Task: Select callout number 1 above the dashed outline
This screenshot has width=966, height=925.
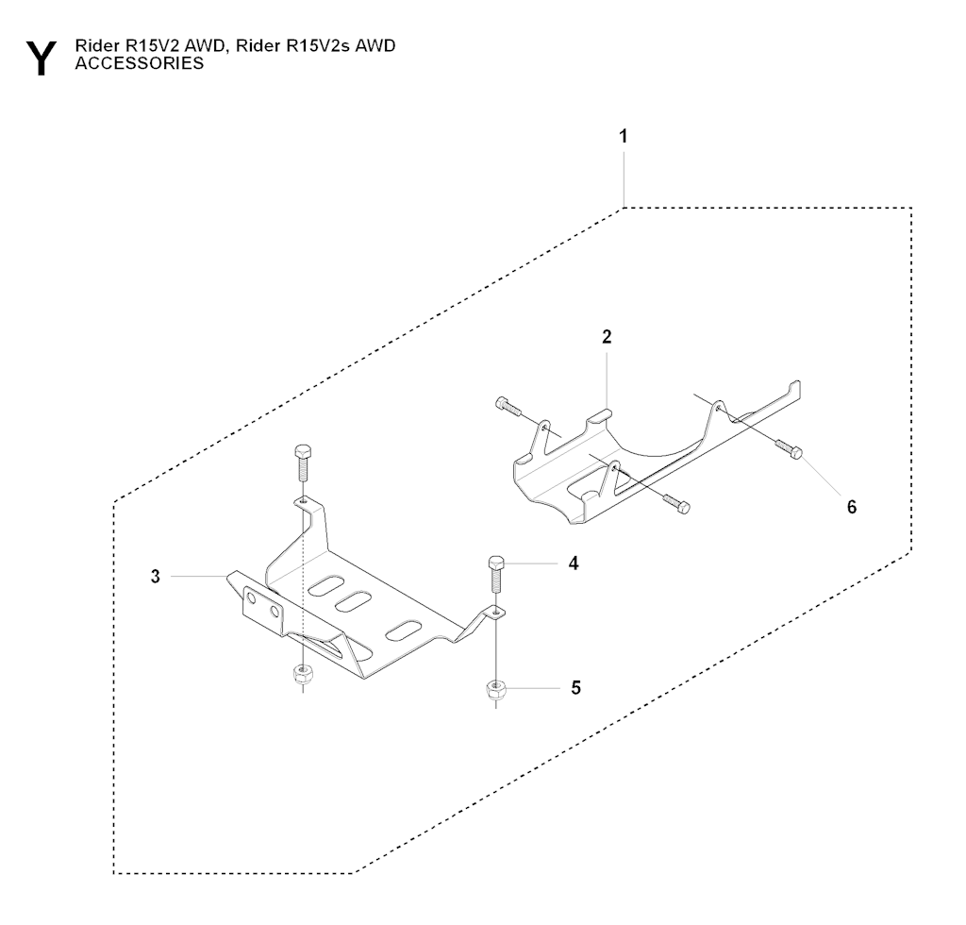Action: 623,137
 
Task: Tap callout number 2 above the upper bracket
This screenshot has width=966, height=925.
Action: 607,337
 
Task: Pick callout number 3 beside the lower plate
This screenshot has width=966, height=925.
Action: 156,576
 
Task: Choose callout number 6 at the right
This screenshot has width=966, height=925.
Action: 851,507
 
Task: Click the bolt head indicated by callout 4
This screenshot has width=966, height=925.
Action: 497,563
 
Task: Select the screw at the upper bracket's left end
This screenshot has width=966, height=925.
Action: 506,407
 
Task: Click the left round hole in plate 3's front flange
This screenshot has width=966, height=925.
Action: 253,597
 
